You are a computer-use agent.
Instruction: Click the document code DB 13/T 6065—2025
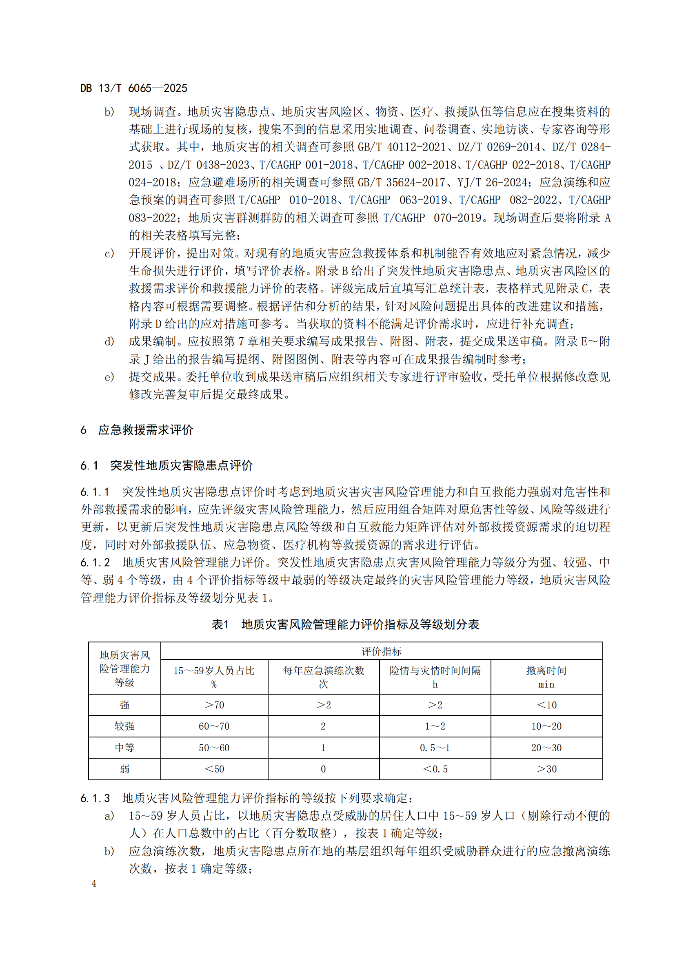(133, 88)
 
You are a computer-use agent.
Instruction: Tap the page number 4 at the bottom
(94, 883)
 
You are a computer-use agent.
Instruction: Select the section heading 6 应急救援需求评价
(137, 429)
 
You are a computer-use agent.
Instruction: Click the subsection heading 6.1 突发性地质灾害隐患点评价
(166, 465)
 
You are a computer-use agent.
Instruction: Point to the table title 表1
(220, 624)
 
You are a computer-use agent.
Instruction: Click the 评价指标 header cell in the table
(381, 651)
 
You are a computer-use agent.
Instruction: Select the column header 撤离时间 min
(546, 677)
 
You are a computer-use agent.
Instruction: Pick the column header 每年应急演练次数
(323, 671)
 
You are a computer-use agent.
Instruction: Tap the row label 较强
(124, 726)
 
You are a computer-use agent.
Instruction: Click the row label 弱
(124, 769)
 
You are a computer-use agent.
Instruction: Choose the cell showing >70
(214, 705)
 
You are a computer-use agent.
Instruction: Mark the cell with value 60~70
(214, 726)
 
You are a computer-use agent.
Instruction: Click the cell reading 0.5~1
(435, 748)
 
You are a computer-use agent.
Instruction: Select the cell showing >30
(546, 769)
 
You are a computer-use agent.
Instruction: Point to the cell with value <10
(546, 705)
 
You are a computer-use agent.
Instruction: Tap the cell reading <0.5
(435, 769)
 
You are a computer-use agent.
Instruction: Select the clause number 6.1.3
(95, 798)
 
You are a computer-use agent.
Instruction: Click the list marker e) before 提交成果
(109, 377)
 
